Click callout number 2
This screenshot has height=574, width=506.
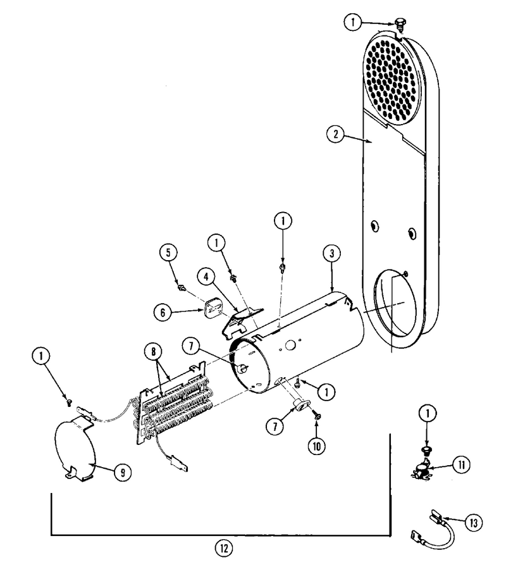coord(335,134)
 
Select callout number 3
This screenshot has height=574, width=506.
coord(332,253)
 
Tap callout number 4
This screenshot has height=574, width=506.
coord(206,277)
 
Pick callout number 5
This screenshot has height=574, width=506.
coord(168,253)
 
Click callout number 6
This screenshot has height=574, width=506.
coord(163,312)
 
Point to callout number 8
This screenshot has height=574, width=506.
coord(153,352)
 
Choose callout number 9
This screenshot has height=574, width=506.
coord(123,473)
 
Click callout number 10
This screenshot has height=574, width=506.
coord(316,446)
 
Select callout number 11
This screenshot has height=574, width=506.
coord(461,465)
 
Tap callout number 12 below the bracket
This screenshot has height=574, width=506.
coord(223,548)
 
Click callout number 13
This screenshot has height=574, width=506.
coord(474,523)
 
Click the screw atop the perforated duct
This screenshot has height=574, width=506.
coord(400,27)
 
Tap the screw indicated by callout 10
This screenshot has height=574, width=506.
coord(316,415)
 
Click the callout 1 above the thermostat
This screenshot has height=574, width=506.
coord(428,414)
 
